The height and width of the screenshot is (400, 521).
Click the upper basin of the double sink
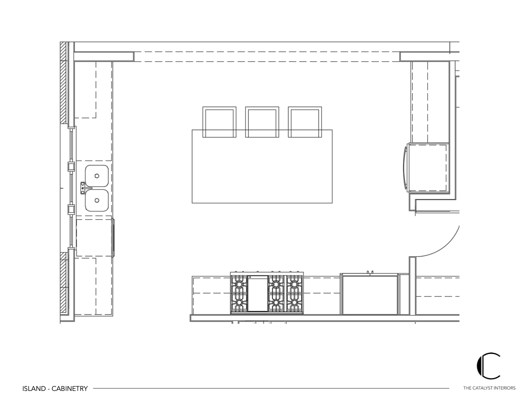click(x=97, y=176)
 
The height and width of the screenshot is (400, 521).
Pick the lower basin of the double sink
click(x=97, y=200)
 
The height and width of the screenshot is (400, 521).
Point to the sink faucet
click(x=84, y=188)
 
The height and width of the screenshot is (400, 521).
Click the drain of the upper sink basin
click(x=97, y=176)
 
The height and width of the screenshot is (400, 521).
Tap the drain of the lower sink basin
click(x=97, y=200)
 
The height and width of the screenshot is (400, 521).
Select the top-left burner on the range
click(x=240, y=283)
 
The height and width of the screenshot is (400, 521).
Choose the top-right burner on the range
click(x=294, y=283)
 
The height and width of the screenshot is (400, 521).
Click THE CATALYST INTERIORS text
click(x=489, y=388)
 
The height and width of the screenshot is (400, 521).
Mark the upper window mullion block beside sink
click(x=71, y=166)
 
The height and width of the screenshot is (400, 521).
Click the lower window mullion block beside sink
click(x=71, y=209)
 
